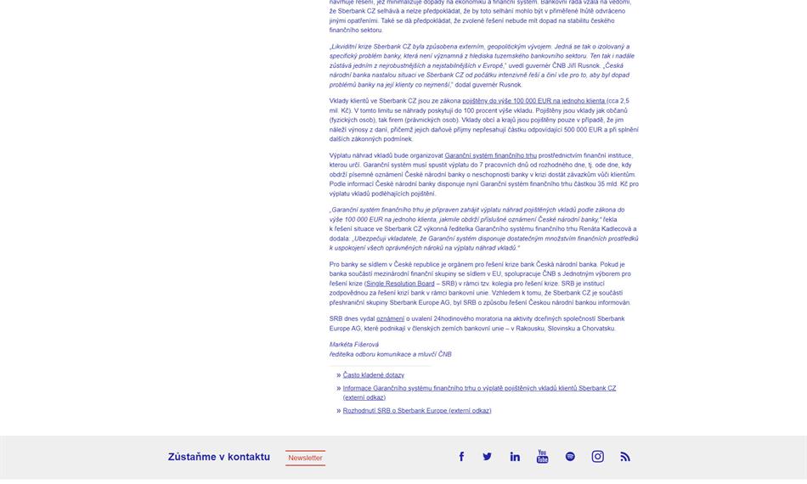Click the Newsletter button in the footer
click(305, 458)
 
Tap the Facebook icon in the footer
click(461, 457)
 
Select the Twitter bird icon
click(487, 457)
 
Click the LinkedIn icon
click(515, 457)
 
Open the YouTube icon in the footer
click(542, 457)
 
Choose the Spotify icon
click(570, 457)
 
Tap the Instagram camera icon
click(597, 457)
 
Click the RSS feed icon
click(625, 457)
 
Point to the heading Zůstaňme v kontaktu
click(219, 457)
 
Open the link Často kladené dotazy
click(374, 374)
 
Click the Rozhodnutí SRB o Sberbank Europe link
click(416, 411)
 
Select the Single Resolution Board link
click(400, 284)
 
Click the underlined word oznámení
click(390, 319)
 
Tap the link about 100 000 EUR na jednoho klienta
click(533, 101)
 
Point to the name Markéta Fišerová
click(353, 345)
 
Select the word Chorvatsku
click(599, 329)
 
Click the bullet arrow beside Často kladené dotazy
click(338, 374)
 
